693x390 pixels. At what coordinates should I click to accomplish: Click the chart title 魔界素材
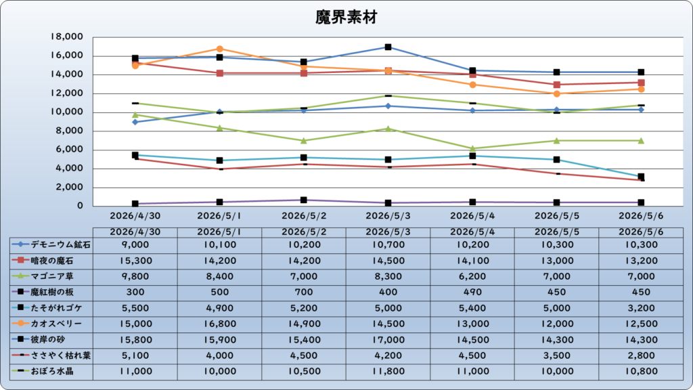pos(346,17)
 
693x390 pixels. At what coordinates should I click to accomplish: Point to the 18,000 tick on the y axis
pos(67,37)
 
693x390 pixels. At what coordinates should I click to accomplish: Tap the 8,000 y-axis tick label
pos(70,131)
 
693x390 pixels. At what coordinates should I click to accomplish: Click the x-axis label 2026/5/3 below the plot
pos(388,216)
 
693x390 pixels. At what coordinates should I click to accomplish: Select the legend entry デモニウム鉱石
pos(51,244)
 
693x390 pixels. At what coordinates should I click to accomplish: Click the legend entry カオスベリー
pos(47,324)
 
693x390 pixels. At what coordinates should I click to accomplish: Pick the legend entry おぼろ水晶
pos(43,371)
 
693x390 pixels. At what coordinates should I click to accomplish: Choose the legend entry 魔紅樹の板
pos(43,292)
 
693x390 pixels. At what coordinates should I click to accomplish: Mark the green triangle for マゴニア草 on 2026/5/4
pos(472,148)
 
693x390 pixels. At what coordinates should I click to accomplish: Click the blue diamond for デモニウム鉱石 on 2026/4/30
pos(135,122)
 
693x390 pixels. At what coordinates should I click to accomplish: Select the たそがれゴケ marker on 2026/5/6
pos(641,177)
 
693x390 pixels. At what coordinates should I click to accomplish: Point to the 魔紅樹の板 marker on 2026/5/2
pos(304,200)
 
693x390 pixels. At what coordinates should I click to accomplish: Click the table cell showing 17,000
pos(388,340)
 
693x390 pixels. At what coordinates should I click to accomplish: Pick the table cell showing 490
pos(472,292)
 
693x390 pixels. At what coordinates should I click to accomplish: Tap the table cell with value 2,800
pos(641,355)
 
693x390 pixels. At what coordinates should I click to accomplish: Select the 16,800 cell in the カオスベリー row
pos(220,324)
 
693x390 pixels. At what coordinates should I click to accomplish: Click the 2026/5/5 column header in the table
pos(557,232)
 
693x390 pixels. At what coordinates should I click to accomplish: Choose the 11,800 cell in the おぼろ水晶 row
pos(388,372)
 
